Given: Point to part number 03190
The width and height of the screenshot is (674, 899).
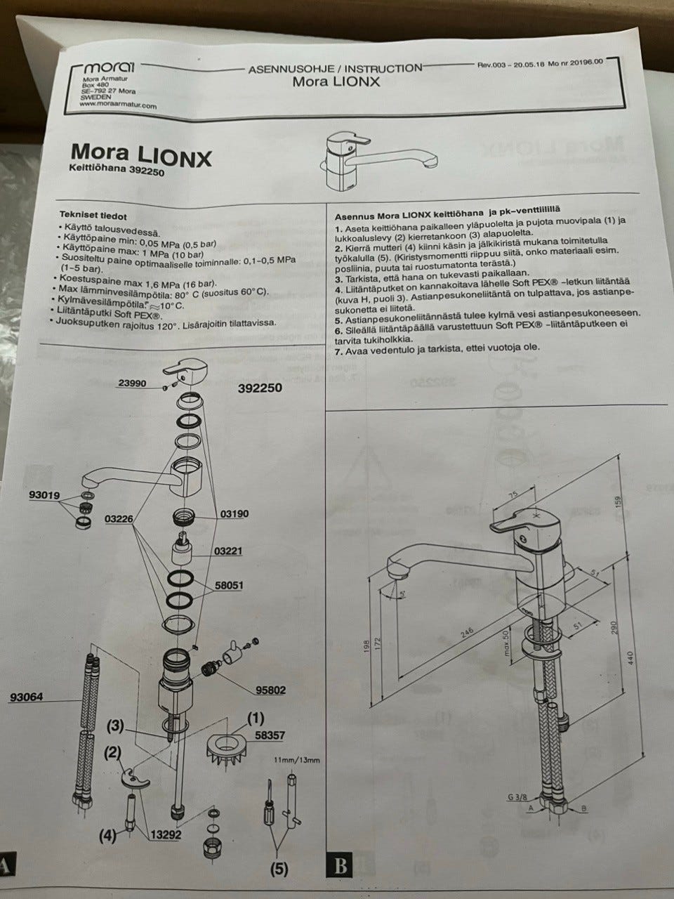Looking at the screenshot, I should (x=235, y=514).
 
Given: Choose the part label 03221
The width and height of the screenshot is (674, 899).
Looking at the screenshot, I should (x=228, y=551).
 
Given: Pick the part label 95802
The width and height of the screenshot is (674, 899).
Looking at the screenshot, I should (x=271, y=690).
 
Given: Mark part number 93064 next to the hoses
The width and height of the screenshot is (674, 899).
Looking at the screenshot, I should (x=27, y=697).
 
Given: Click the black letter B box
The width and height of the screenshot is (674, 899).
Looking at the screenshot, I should (x=341, y=865).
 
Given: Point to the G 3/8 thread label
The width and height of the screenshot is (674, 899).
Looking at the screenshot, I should (x=517, y=796).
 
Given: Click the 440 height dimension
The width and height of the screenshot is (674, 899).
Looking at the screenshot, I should (x=630, y=657).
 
